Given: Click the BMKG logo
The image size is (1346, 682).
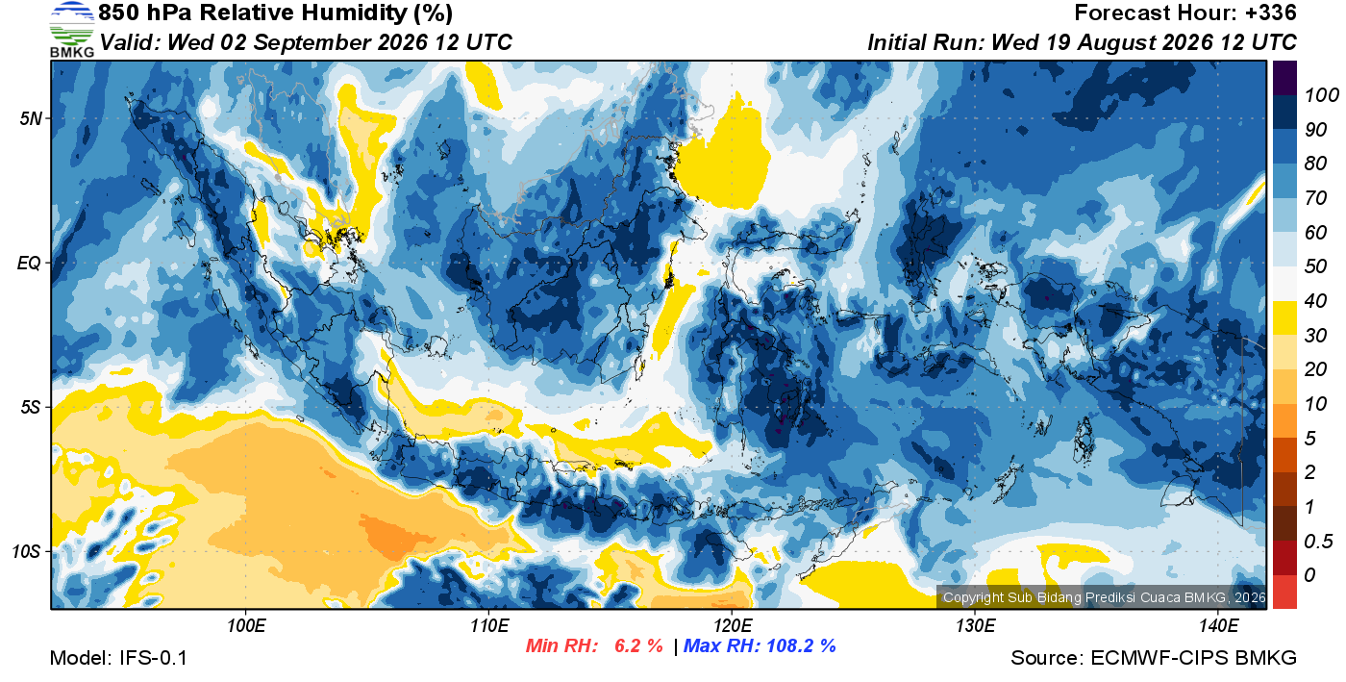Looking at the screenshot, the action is coord(71,30).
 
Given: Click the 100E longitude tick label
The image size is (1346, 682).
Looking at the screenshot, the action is coord(246,625).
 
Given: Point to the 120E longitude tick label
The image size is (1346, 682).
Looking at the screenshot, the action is coord(732,625).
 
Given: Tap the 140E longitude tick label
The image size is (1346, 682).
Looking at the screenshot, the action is coord(1218,625).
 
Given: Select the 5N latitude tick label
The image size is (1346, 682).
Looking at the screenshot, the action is coord(31,118).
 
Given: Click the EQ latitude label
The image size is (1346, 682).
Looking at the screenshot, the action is coord(30,263).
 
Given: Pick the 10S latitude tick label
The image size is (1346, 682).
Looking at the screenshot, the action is coord(27,551).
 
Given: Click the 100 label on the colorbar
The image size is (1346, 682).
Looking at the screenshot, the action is coord(1321,95).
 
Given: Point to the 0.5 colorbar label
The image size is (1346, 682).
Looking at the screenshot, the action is coord(1318,542).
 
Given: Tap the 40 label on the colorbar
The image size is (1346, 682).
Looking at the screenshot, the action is coord(1315,301).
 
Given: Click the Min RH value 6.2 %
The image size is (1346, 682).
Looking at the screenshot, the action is coord(638,645).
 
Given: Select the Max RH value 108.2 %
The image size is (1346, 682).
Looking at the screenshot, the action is coord(801,645).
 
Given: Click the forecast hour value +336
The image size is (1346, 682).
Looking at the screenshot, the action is coord(1270,13).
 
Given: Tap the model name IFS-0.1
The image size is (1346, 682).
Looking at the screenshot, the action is coord(153,658).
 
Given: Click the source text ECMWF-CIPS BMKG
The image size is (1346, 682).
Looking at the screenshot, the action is coord(1193,658).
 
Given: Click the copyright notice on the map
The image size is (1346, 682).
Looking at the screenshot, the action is coord(1104,597).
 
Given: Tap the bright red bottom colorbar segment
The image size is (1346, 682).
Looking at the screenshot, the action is coord(1284,592).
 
